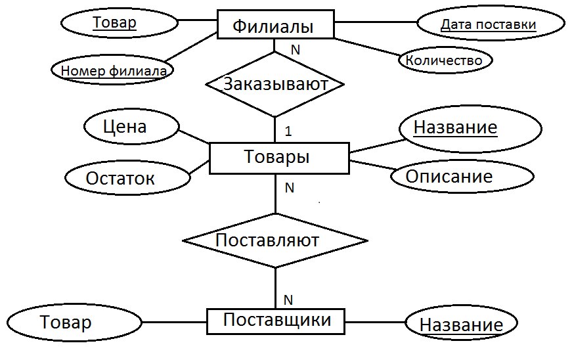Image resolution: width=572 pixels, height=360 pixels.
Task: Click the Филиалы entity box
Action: tap(276, 24)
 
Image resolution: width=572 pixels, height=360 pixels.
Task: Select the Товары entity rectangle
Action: tap(279, 158)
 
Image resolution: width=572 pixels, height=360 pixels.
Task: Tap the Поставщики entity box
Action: tap(276, 321)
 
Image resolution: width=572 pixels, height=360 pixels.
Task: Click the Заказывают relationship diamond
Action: tap(275, 84)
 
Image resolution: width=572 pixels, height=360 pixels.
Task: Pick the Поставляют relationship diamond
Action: tap(275, 240)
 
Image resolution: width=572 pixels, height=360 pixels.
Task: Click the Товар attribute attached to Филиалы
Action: tap(120, 22)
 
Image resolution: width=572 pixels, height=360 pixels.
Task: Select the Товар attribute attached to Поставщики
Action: tap(74, 323)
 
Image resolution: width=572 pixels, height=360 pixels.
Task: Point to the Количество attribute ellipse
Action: tap(445, 60)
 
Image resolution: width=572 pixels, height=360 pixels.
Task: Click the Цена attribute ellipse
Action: tap(132, 127)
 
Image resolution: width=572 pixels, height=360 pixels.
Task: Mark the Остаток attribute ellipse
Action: tap(127, 177)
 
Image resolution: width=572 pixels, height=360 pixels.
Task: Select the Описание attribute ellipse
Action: tap(462, 176)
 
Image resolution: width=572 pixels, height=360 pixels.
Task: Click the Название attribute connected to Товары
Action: tap(471, 128)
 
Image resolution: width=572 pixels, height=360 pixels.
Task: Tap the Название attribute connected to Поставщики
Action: tap(462, 323)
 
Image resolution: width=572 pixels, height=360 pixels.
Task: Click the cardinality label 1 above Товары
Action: tap(288, 131)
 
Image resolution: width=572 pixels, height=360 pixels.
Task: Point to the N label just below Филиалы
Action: tap(296, 50)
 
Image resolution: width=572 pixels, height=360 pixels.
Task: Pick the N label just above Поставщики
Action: tap(288, 300)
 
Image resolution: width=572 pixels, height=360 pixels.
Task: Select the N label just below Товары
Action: tap(289, 187)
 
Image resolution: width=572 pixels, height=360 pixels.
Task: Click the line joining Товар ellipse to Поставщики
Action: tap(175, 322)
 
